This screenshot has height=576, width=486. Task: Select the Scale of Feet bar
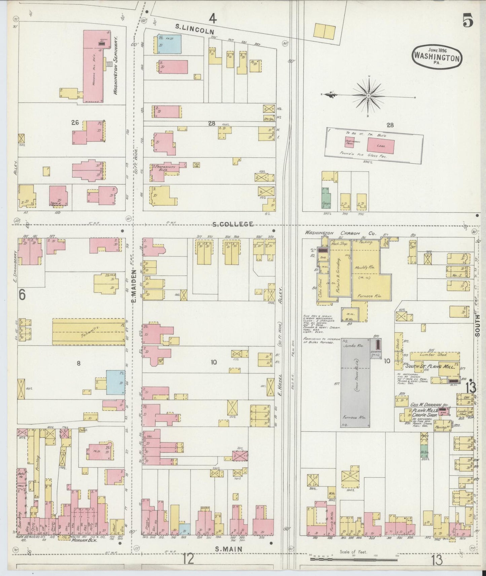click(353, 560)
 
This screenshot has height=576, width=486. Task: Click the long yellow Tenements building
click(88, 332)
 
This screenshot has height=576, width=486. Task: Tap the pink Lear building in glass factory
click(380, 146)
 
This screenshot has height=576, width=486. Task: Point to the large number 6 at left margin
click(22, 295)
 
